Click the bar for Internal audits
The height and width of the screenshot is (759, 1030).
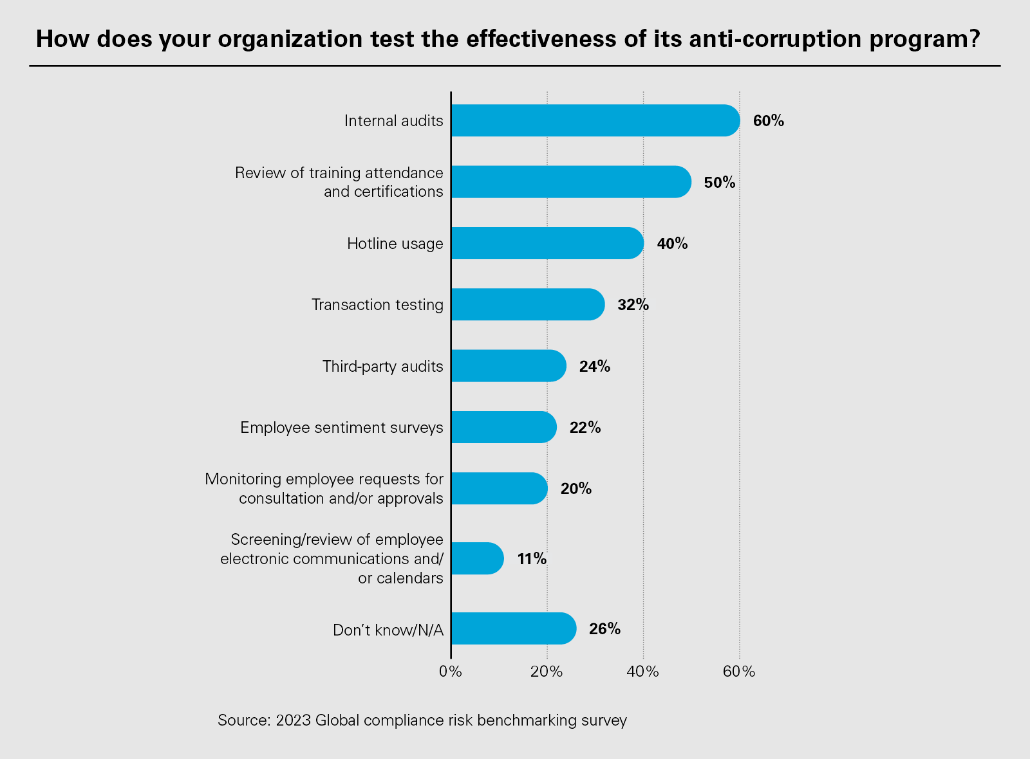coord(595,120)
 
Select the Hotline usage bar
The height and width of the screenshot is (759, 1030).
coord(547,243)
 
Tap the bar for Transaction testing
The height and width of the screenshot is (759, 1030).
coord(528,304)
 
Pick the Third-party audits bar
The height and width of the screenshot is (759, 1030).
coord(509,366)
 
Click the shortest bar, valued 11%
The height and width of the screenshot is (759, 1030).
coord(477,558)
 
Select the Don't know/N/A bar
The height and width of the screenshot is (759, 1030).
coord(513,628)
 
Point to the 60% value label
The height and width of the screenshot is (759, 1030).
coord(769,121)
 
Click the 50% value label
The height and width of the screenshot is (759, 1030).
coord(719,183)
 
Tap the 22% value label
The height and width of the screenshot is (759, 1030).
coord(585,428)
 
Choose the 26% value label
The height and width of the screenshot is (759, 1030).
coord(604,629)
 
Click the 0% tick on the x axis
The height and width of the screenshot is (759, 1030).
coord(451,672)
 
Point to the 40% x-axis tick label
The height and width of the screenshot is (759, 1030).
coord(643,672)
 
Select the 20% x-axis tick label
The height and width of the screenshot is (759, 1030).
coord(547,672)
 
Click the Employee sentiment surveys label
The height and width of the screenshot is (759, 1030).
coord(342,428)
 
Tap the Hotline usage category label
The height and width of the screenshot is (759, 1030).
coord(395,244)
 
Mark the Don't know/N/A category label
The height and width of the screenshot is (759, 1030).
coord(388,630)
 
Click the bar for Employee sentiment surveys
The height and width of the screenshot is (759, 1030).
coord(503,427)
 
